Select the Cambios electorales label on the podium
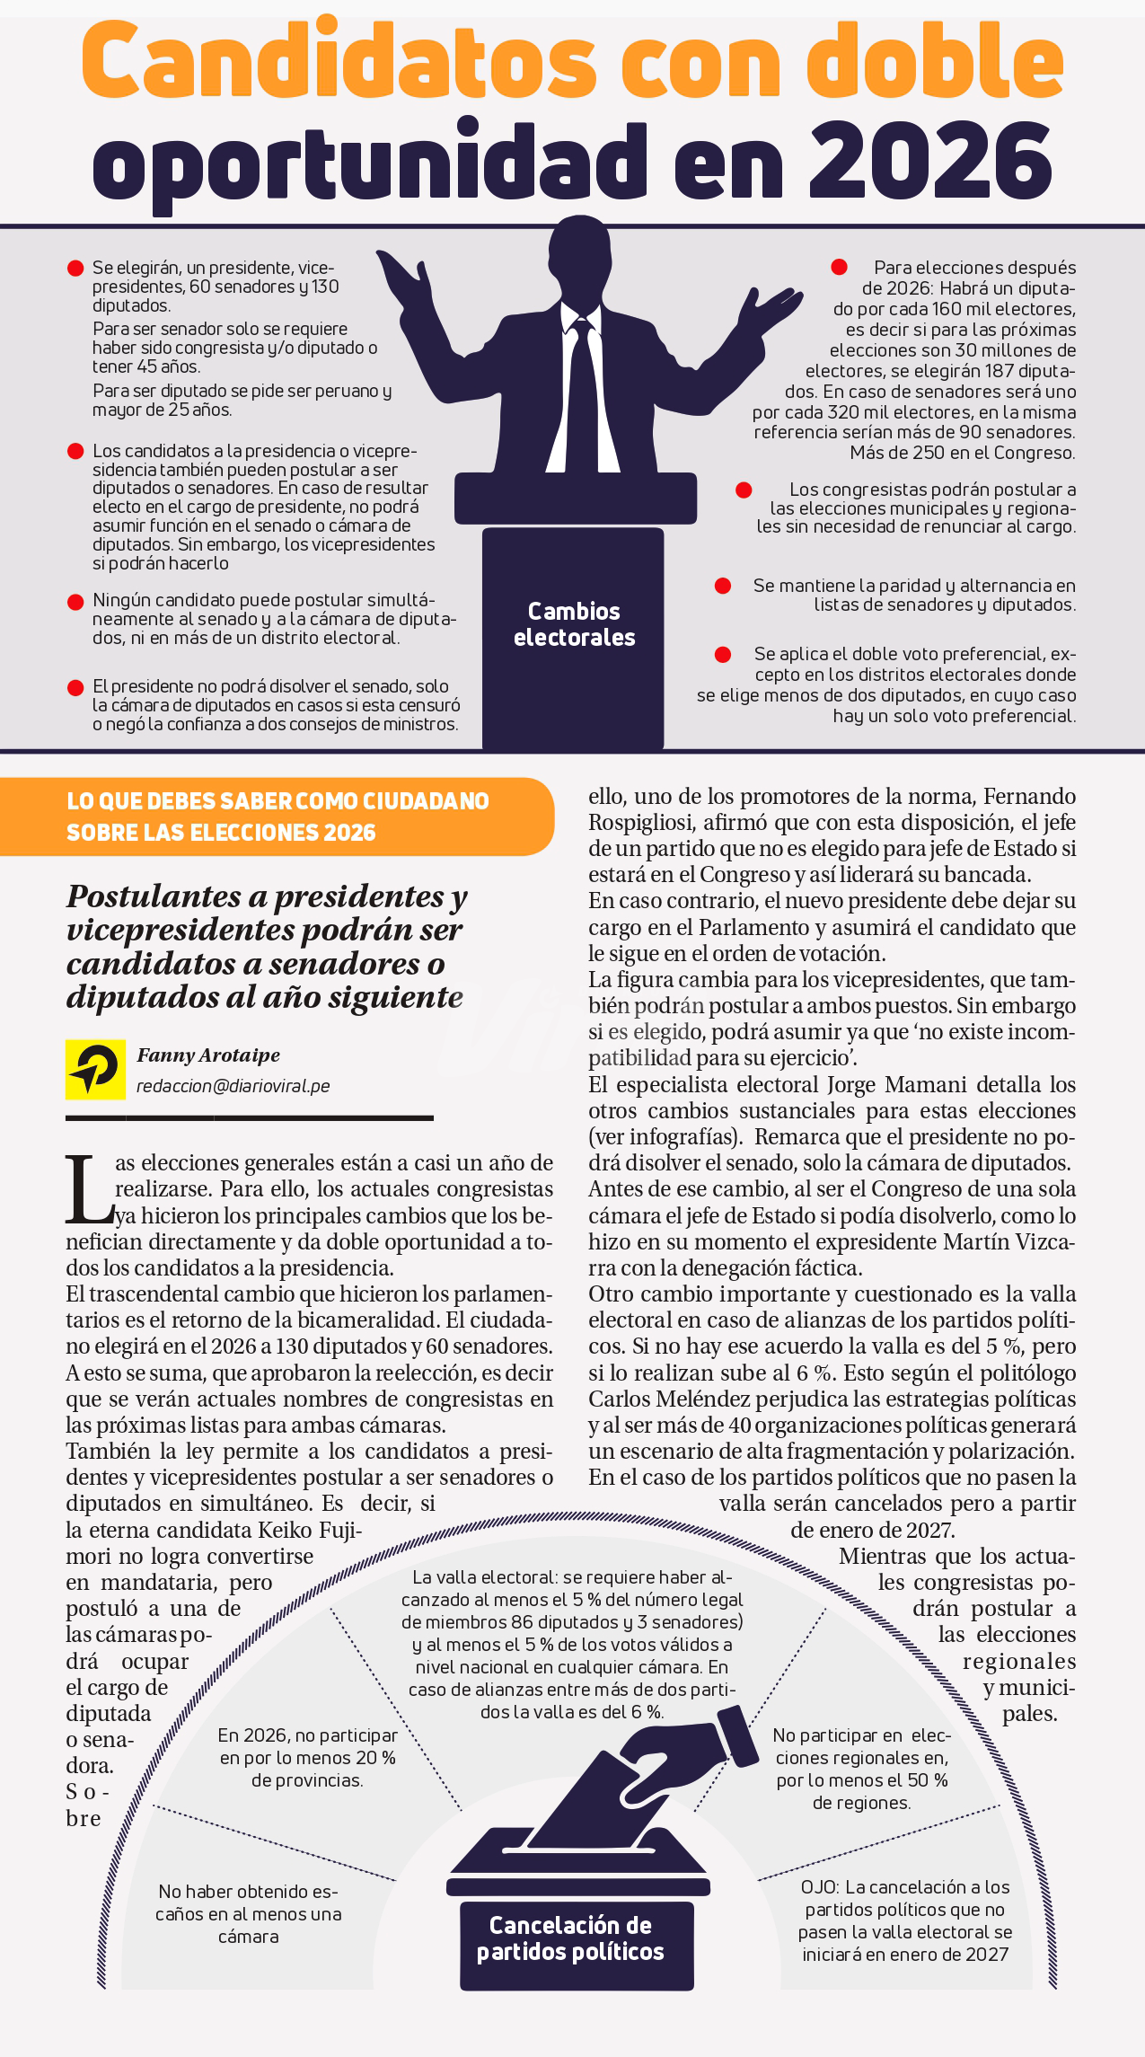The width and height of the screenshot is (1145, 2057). pyautogui.click(x=574, y=624)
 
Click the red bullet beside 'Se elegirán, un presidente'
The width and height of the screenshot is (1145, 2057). pyautogui.click(x=75, y=269)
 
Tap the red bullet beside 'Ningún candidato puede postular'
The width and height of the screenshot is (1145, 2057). pyautogui.click(x=75, y=601)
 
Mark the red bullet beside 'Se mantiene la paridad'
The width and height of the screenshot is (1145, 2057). pyautogui.click(x=722, y=586)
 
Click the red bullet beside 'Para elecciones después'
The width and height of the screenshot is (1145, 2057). pyautogui.click(x=839, y=267)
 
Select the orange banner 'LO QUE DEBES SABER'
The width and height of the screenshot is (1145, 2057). pyautogui.click(x=277, y=817)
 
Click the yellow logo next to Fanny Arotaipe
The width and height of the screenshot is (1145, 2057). pyautogui.click(x=95, y=1069)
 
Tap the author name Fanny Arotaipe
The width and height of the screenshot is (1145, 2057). pyautogui.click(x=208, y=1055)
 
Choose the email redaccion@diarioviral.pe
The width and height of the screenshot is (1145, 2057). pyautogui.click(x=233, y=1086)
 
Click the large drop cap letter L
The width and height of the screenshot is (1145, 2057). pyautogui.click(x=89, y=1191)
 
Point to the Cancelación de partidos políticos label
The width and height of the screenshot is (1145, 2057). pyautogui.click(x=570, y=1938)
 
